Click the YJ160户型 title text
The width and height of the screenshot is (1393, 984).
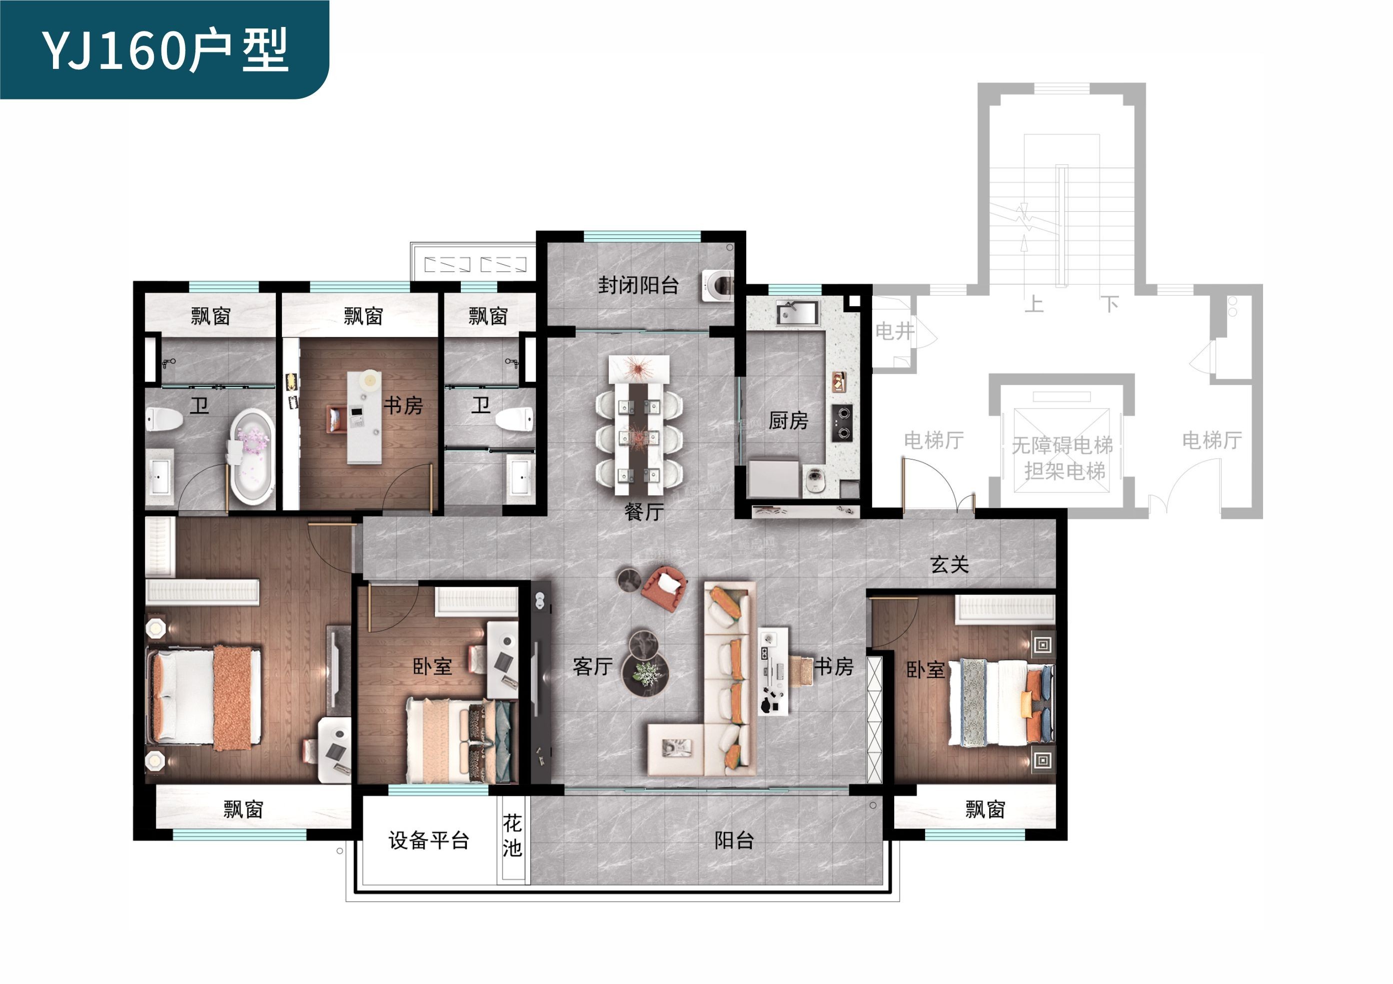(x=164, y=50)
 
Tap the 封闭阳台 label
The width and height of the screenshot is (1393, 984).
(x=638, y=285)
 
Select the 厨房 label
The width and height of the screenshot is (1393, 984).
(x=788, y=420)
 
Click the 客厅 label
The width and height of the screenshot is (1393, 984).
(x=593, y=666)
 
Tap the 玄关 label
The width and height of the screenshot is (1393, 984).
(x=950, y=564)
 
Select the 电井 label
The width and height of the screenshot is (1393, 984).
(x=894, y=331)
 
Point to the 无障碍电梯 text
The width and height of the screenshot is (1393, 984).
(x=1062, y=446)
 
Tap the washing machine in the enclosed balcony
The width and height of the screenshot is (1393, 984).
(x=718, y=285)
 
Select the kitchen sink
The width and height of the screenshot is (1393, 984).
(x=797, y=313)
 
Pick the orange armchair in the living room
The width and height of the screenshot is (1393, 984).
(x=664, y=587)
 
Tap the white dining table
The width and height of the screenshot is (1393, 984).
(x=639, y=425)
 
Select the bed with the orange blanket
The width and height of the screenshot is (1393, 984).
(x=204, y=697)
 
